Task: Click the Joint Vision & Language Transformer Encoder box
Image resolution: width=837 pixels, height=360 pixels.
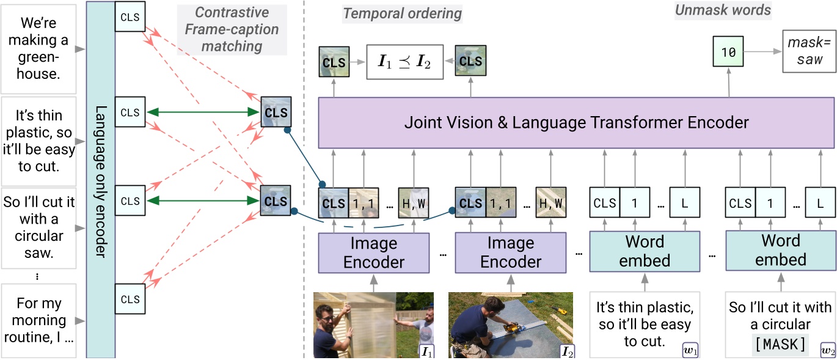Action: pos(576,123)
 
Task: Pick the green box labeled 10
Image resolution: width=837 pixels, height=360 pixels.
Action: pos(728,53)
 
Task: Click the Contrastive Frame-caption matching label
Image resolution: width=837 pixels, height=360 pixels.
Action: pos(232,29)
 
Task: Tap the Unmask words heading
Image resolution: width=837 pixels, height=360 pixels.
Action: pos(723,10)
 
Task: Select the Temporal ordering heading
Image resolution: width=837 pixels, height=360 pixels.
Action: pos(403,13)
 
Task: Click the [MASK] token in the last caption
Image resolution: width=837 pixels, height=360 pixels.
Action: pos(781,343)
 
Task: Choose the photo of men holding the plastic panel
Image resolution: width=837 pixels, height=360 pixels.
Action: pos(373,325)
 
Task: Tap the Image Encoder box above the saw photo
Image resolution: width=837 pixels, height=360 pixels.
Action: pos(511,252)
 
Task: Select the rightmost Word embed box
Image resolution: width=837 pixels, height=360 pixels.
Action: pos(781,251)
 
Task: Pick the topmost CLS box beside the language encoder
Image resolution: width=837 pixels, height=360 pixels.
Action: pos(130,18)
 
